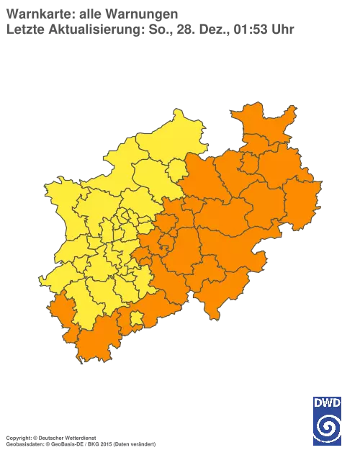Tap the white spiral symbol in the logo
(327, 424)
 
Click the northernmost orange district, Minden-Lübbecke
(263, 130)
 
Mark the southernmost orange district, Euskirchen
(97, 346)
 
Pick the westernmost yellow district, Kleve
(61, 194)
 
